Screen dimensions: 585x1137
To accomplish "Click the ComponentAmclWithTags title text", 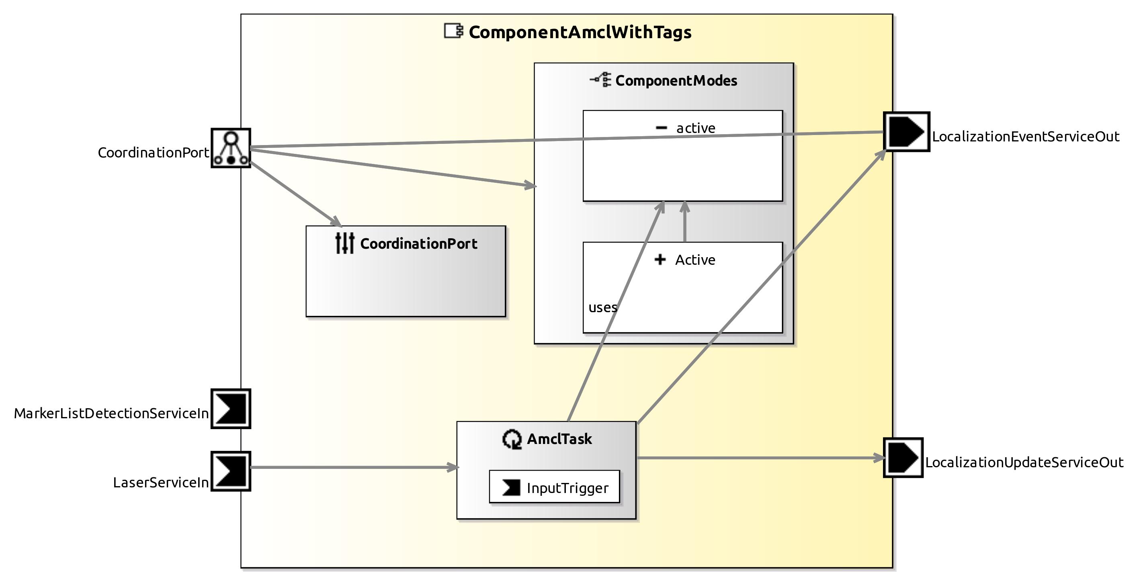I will click(580, 32).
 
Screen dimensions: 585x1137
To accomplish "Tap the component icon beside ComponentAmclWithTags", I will click(453, 31).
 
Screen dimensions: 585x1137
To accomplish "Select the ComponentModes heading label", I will click(676, 81).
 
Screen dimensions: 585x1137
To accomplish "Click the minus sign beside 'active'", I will click(661, 128).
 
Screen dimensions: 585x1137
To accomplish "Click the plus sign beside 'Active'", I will click(660, 260).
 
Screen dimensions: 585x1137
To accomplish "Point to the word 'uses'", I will click(602, 307).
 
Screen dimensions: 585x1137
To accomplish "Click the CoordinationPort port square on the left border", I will click(231, 148).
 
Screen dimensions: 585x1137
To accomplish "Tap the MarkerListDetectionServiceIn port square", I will click(231, 409).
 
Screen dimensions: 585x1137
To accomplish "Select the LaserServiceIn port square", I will click(231, 471).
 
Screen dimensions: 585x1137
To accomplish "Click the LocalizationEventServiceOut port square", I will click(907, 131).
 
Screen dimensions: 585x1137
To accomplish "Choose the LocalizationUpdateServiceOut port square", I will click(903, 458).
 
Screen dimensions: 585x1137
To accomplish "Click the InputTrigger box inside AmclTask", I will click(554, 487).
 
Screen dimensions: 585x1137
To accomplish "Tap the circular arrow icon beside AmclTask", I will click(512, 440).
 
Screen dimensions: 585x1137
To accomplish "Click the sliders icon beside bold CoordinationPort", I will click(345, 243).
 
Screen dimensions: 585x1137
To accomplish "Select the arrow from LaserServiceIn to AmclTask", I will click(353, 467).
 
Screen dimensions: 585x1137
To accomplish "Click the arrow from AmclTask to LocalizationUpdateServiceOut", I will click(759, 458).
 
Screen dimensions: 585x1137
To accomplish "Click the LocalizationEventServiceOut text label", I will click(1025, 137).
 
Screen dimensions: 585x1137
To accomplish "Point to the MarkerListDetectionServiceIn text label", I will click(111, 413).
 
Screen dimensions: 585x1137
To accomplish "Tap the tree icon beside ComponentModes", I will click(601, 80).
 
